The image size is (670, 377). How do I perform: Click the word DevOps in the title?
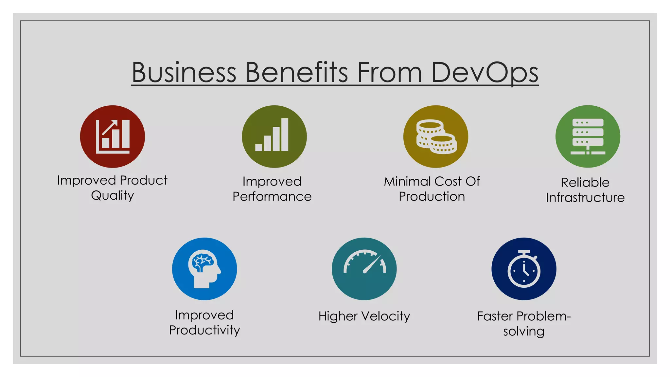(x=485, y=73)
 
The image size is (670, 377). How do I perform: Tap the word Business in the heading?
(x=184, y=73)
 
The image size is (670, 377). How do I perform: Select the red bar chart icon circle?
(x=113, y=136)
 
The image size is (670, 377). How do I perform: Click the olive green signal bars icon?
(x=274, y=136)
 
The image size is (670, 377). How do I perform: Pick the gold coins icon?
(x=436, y=136)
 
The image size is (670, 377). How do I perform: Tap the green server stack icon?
(x=588, y=136)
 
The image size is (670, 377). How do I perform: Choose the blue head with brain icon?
(x=204, y=269)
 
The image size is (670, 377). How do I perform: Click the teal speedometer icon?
(x=364, y=269)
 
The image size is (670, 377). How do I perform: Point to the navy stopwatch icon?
(x=524, y=269)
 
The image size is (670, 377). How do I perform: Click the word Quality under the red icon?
(x=113, y=196)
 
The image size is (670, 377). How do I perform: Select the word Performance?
(x=272, y=197)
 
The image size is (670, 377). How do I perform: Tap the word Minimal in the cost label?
(x=407, y=181)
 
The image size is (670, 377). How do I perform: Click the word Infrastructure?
(x=585, y=198)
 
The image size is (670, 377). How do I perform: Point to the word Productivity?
(x=204, y=330)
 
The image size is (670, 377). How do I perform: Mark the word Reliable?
(x=585, y=182)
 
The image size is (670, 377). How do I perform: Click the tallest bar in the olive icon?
(x=285, y=135)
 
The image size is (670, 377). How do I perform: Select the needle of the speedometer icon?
(x=372, y=264)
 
